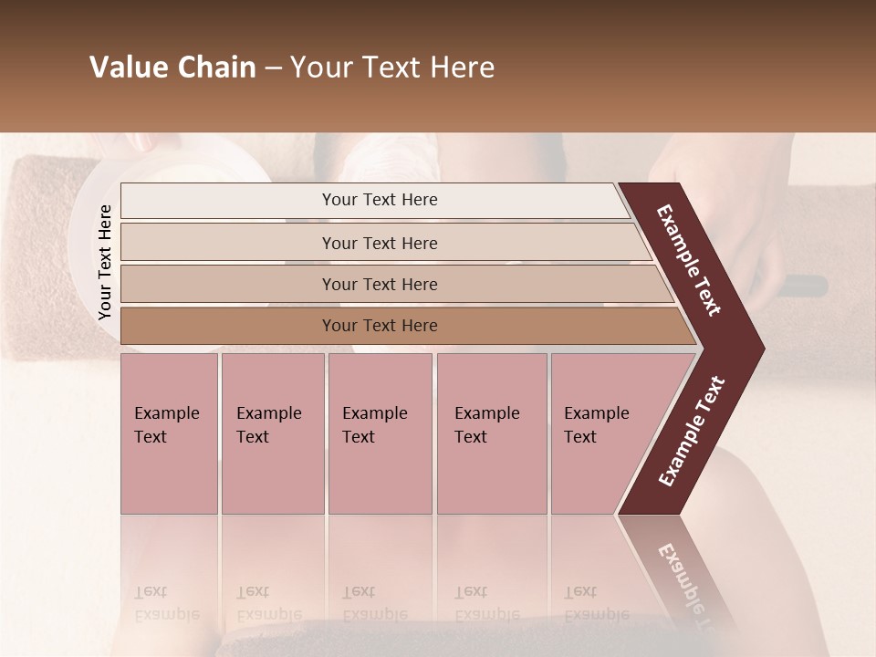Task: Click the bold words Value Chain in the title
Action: pos(172,68)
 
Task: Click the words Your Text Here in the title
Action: pos(392,68)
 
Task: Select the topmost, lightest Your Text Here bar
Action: pos(379,200)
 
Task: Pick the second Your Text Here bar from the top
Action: pos(380,243)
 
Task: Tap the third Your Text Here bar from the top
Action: pos(380,284)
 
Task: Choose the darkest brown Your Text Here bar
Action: pos(380,326)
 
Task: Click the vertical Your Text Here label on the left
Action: pos(105,262)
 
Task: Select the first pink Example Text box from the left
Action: pos(169,433)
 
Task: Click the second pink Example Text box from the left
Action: pos(272,433)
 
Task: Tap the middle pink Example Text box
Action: pos(380,433)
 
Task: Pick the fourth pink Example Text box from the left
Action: pos(491,433)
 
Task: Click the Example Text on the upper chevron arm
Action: pos(689,260)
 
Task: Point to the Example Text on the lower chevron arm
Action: pos(691,432)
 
